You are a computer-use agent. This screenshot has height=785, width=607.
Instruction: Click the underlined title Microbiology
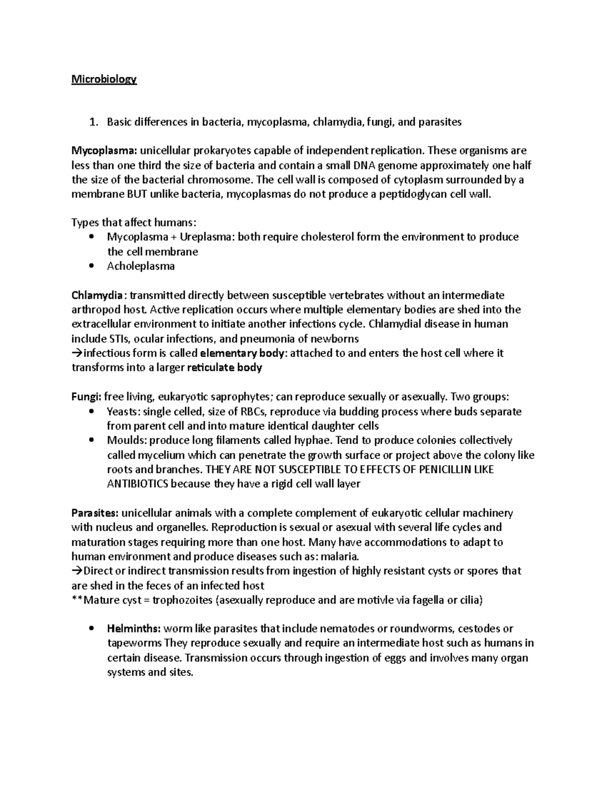104,79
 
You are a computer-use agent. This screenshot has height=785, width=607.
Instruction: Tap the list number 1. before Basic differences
92,122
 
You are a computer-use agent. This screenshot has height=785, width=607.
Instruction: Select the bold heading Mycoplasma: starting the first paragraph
104,151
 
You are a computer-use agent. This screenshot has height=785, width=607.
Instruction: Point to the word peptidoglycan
417,194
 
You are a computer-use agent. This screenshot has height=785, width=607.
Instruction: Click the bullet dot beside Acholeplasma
91,266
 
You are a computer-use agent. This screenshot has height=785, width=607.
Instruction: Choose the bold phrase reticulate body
225,367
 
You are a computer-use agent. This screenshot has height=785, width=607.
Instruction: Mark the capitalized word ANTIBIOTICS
138,484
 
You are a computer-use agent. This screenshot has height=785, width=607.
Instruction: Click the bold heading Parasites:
95,513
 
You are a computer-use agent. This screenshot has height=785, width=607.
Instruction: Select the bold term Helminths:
134,629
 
